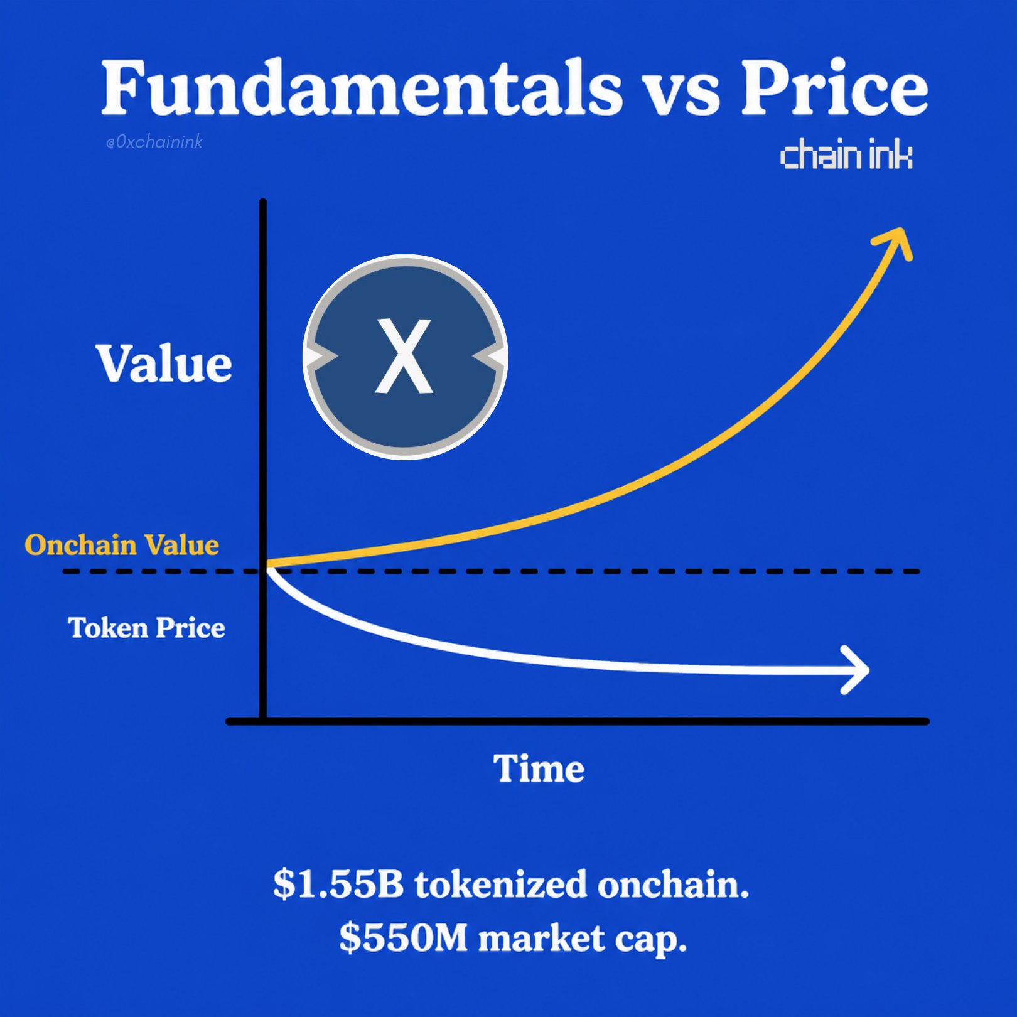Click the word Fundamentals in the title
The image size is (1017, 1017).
[362, 88]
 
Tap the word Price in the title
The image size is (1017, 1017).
[834, 88]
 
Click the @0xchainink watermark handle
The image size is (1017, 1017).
[154, 142]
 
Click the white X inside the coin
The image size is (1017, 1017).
[404, 356]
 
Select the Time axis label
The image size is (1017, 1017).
[539, 768]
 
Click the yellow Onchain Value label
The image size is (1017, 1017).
[122, 545]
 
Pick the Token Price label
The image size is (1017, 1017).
[146, 628]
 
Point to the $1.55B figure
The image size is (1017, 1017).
[338, 884]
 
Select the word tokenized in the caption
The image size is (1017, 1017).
[501, 884]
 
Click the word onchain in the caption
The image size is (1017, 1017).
[673, 884]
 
